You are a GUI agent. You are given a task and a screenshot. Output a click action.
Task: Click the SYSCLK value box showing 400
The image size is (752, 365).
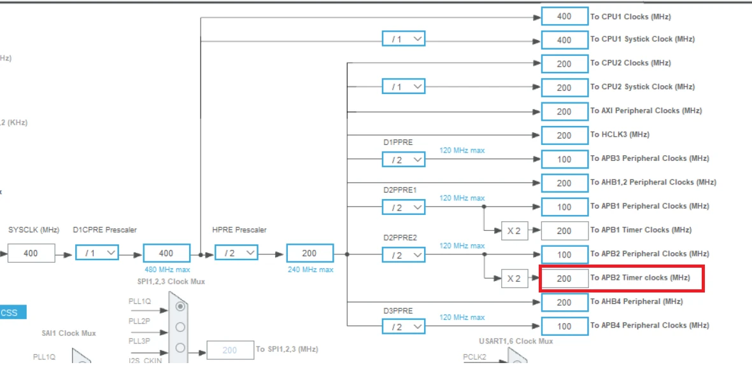31,253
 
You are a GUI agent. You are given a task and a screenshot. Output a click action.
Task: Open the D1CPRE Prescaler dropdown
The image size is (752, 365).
97,253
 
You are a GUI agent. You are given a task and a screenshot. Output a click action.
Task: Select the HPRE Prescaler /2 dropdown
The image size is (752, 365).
236,253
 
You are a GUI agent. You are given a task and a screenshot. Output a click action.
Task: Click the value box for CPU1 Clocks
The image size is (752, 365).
564,17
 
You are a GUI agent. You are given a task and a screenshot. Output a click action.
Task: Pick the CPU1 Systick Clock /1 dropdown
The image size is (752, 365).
404,39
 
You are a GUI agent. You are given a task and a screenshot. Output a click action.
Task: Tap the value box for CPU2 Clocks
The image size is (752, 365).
564,64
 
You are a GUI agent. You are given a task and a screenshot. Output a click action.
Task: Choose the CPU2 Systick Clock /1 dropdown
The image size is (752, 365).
404,87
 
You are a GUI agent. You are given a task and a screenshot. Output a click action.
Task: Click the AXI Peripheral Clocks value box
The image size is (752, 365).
564,111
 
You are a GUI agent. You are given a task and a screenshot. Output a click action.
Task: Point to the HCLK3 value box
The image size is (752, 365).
564,135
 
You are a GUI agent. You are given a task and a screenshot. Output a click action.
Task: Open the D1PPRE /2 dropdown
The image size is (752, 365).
404,159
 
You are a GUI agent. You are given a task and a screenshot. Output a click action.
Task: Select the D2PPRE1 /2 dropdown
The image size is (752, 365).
404,207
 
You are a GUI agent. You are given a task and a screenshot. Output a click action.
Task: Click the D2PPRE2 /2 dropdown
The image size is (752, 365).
404,254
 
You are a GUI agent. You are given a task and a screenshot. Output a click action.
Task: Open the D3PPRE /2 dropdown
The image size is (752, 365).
404,326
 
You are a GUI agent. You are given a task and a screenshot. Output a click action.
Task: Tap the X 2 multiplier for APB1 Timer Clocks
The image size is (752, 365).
514,230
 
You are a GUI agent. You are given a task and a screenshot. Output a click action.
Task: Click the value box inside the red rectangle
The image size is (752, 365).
564,278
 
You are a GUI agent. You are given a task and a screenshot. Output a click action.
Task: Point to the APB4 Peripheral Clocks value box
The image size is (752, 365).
564,326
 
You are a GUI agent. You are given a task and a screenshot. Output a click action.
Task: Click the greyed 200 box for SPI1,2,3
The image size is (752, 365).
230,350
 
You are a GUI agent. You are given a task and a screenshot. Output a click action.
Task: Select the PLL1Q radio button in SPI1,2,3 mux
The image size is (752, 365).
180,306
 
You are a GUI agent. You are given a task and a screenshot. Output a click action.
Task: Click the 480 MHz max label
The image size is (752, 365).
166,270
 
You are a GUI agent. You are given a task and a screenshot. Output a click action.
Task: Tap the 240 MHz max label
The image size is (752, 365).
309,270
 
